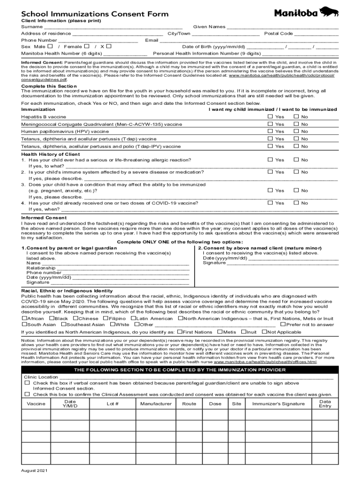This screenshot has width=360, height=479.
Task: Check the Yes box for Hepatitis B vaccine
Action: click(x=270, y=116)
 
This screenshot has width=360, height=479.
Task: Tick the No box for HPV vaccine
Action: click(x=295, y=131)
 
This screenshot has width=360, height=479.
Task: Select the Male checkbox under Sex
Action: click(x=50, y=47)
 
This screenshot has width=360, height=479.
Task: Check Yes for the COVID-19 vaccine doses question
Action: click(x=270, y=203)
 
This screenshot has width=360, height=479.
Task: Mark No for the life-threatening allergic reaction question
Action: click(x=295, y=160)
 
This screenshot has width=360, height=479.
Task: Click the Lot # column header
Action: click(x=113, y=404)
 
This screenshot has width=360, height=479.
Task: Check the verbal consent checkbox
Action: click(x=27, y=383)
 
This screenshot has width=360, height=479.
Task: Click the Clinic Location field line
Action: click(x=196, y=377)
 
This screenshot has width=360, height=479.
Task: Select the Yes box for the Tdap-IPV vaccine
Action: click(x=270, y=146)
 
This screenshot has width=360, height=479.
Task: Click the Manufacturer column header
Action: click(x=156, y=404)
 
